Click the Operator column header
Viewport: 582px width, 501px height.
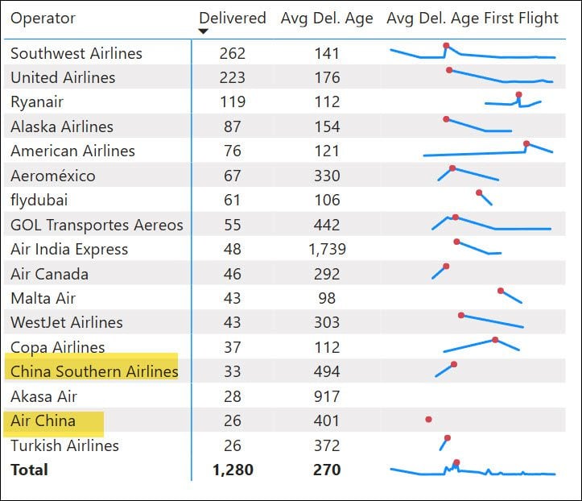click(x=43, y=18)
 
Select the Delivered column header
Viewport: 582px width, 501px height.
click(x=233, y=18)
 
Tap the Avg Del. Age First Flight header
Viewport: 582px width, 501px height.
click(x=473, y=18)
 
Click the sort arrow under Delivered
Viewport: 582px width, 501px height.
click(x=204, y=31)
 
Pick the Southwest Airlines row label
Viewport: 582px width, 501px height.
click(x=76, y=53)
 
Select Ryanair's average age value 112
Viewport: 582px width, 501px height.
click(x=327, y=102)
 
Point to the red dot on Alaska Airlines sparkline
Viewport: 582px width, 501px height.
click(x=446, y=119)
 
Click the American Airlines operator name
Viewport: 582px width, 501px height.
click(x=73, y=151)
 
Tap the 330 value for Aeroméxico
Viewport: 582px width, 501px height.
click(x=327, y=176)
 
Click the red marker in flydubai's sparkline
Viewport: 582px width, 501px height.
click(x=479, y=193)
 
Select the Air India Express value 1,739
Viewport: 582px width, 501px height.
click(x=327, y=249)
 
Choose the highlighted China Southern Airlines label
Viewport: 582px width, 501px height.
click(x=94, y=371)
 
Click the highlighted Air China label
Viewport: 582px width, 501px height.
click(x=43, y=420)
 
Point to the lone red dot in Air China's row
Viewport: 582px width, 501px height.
click(x=428, y=420)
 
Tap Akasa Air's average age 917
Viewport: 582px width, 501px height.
click(x=327, y=396)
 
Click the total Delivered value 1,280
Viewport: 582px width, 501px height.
click(x=232, y=470)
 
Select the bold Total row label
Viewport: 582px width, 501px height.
click(x=29, y=470)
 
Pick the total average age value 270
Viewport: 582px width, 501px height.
click(x=327, y=470)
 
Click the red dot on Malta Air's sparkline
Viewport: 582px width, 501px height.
click(x=501, y=291)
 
